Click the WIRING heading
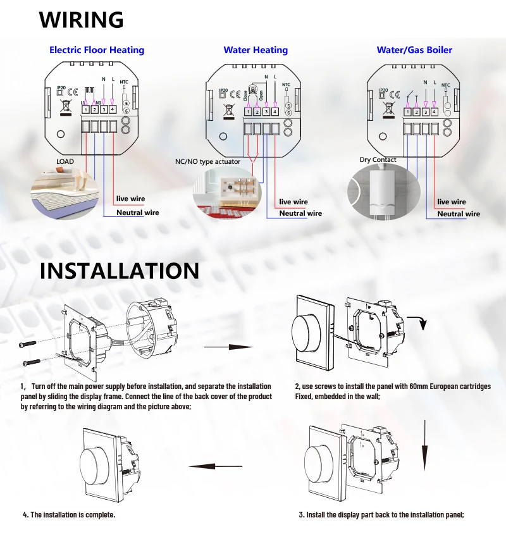81,20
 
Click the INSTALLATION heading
120,271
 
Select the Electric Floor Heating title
97,50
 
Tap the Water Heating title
256,50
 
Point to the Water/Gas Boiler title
414,50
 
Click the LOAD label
65,161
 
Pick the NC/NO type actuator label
207,162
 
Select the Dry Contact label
378,160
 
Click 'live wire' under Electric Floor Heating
130,199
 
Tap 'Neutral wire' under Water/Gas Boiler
459,214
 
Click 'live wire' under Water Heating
293,202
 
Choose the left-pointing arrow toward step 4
215,467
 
